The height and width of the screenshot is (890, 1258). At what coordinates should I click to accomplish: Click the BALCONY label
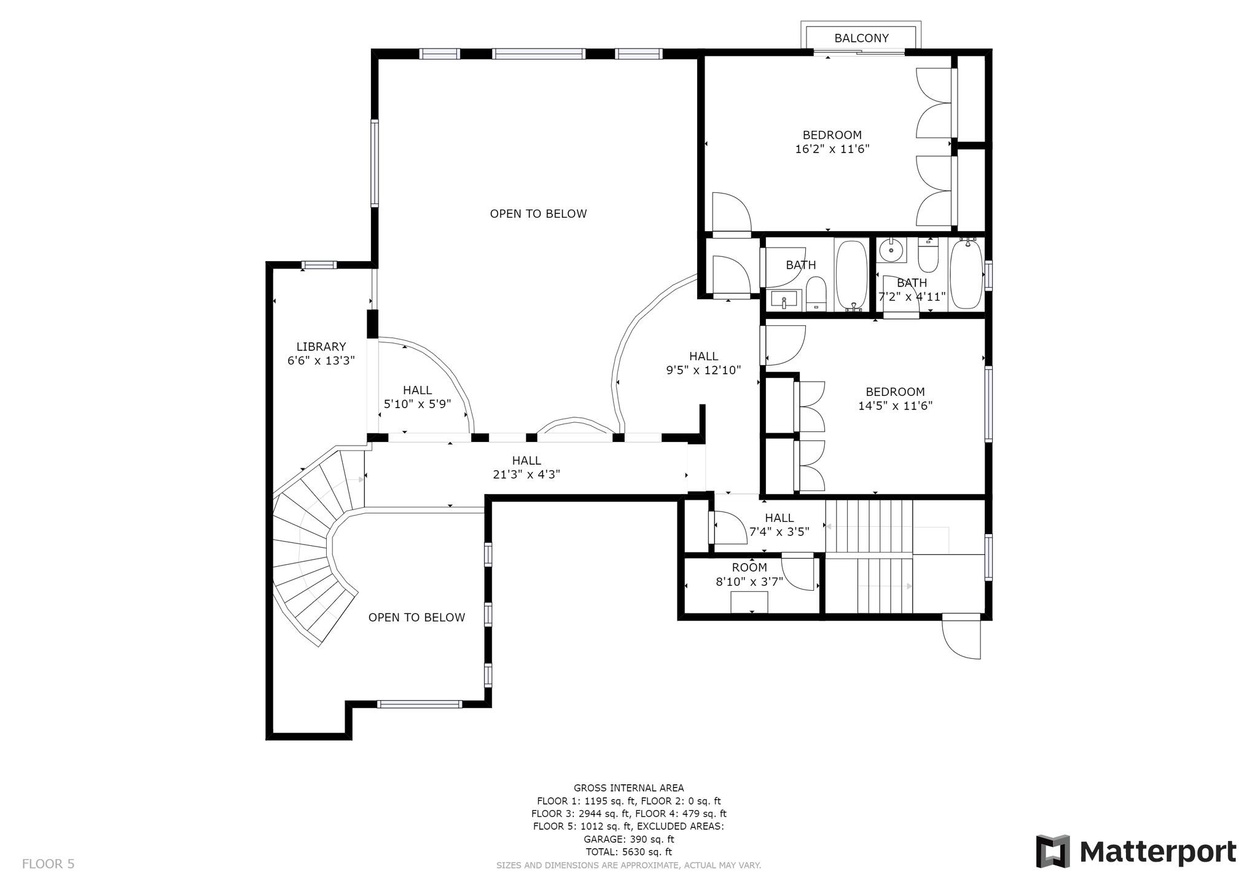pyautogui.click(x=861, y=38)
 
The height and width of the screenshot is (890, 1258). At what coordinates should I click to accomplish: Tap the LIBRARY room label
pyautogui.click(x=321, y=347)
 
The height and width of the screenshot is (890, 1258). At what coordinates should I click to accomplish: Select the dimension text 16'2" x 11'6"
pyautogui.click(x=832, y=149)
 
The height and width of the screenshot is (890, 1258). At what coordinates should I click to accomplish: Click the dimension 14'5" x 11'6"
pyautogui.click(x=895, y=406)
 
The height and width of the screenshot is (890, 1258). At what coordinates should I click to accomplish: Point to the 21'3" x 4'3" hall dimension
pyautogui.click(x=526, y=475)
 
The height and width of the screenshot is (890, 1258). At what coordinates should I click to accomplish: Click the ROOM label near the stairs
pyautogui.click(x=749, y=568)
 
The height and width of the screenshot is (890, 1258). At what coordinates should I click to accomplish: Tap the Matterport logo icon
pyautogui.click(x=1053, y=851)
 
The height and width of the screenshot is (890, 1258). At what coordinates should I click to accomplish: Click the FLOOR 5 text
pyautogui.click(x=48, y=864)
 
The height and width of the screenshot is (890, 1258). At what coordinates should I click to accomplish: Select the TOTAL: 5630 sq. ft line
pyautogui.click(x=628, y=852)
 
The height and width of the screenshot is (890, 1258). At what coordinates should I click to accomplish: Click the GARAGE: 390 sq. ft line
pyautogui.click(x=628, y=839)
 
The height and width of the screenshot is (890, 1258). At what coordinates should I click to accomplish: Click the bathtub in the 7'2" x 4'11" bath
pyautogui.click(x=967, y=274)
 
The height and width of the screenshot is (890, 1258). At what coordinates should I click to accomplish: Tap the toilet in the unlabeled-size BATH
pyautogui.click(x=816, y=294)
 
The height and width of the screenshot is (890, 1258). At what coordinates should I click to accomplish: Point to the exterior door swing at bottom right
pyautogui.click(x=961, y=637)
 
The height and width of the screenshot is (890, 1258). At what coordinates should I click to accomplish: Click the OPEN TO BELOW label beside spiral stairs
pyautogui.click(x=416, y=618)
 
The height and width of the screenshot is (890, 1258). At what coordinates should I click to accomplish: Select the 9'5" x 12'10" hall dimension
pyautogui.click(x=703, y=370)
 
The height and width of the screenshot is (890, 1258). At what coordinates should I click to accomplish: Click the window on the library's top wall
pyautogui.click(x=319, y=265)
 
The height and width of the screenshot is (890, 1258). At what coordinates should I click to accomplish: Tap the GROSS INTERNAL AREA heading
pyautogui.click(x=628, y=788)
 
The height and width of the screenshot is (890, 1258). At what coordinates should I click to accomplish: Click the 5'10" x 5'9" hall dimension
pyautogui.click(x=417, y=404)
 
